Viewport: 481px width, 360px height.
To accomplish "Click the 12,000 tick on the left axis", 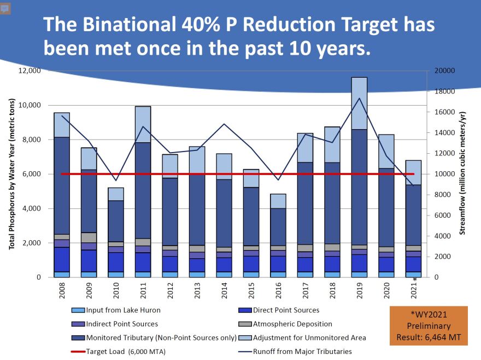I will (x=30, y=71).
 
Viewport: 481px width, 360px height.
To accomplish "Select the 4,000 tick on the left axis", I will (x=33, y=208).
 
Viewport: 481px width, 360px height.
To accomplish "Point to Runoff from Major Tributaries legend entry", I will (x=302, y=351).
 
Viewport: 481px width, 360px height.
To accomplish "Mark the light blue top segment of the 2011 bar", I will (x=143, y=124).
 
